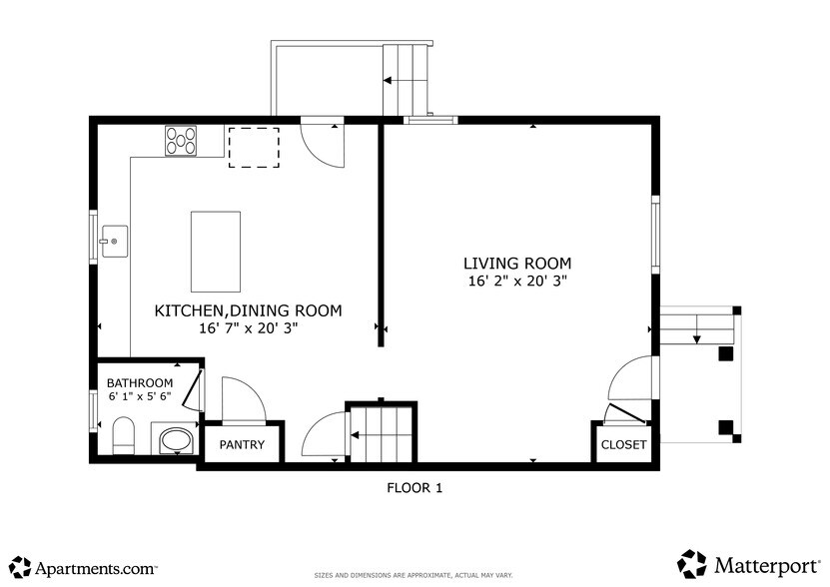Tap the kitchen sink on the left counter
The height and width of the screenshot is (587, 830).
click(x=113, y=241)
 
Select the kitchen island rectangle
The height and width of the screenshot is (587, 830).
click(x=216, y=251)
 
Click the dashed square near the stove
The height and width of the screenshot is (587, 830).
click(x=254, y=147)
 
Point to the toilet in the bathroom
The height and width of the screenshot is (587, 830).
click(x=123, y=436)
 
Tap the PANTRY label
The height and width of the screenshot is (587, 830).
click(x=243, y=444)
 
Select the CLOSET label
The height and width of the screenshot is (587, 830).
click(x=624, y=444)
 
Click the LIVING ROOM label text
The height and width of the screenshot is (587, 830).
click(x=517, y=264)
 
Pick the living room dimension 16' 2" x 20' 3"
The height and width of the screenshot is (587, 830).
click(x=517, y=282)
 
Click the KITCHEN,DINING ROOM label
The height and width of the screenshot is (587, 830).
click(x=248, y=310)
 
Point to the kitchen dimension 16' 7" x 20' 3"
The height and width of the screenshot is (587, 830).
click(x=248, y=327)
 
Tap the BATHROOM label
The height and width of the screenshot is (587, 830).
click(x=140, y=383)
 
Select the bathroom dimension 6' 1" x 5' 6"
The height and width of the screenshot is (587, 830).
click(x=140, y=397)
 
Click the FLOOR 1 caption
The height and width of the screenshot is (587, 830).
click(x=414, y=488)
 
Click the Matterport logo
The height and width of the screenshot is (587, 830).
click(x=747, y=564)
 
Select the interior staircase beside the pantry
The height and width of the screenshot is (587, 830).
click(x=381, y=432)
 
